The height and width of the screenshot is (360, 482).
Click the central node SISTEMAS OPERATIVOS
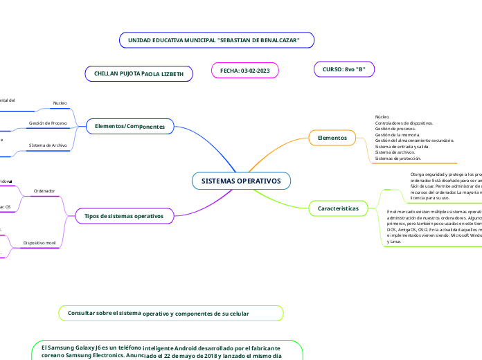pos(241,181)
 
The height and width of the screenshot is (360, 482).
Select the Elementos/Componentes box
pos(130,127)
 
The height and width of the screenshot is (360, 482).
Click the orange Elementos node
pos(332,138)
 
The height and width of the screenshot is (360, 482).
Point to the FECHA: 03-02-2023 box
pos(244,71)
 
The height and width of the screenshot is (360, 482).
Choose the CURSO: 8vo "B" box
pos(344,69)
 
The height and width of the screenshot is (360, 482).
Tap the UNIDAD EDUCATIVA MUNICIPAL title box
pos(216,41)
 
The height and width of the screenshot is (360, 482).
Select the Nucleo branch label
pos(60,103)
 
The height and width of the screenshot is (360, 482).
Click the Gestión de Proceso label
pos(47,123)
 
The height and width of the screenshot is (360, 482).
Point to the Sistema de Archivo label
pos(47,145)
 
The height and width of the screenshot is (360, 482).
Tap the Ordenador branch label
pos(44,190)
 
